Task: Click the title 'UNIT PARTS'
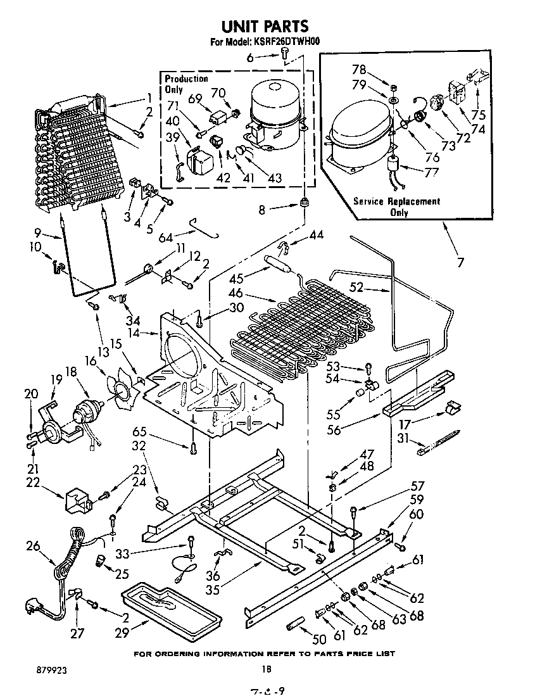pos(265,26)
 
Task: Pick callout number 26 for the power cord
pos(35,544)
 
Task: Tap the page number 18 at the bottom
pos(267,669)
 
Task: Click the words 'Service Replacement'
pos(396,201)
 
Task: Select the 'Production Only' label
pos(186,84)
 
